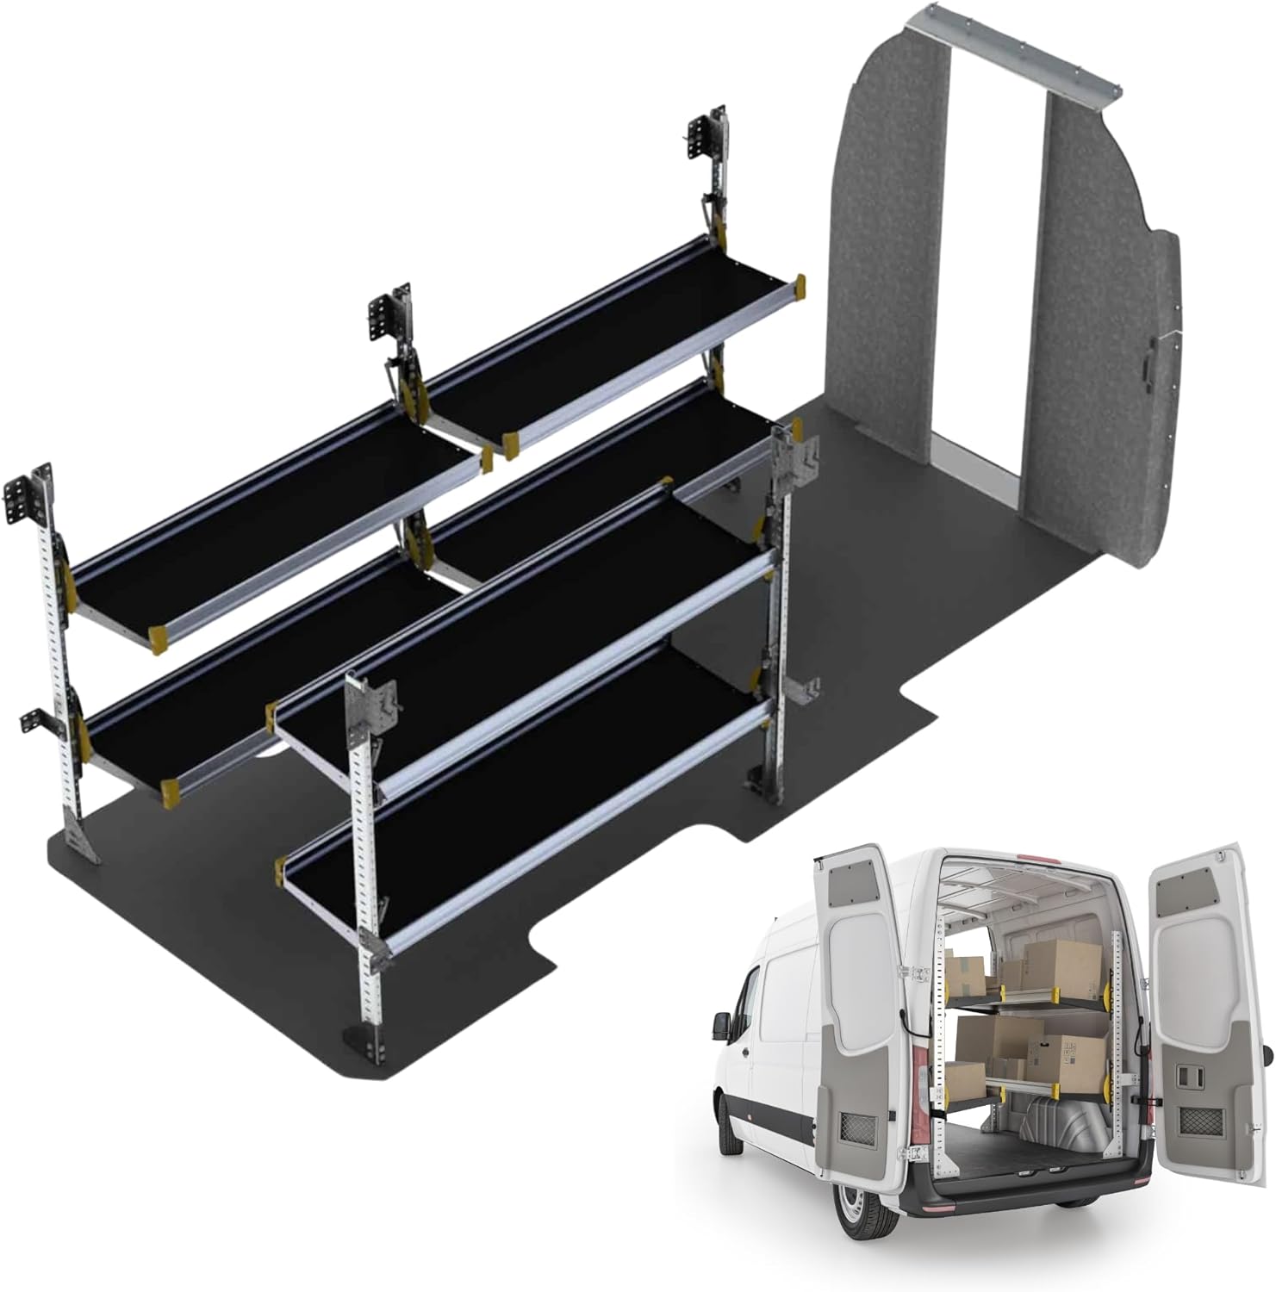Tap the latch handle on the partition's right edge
[1149, 366]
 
